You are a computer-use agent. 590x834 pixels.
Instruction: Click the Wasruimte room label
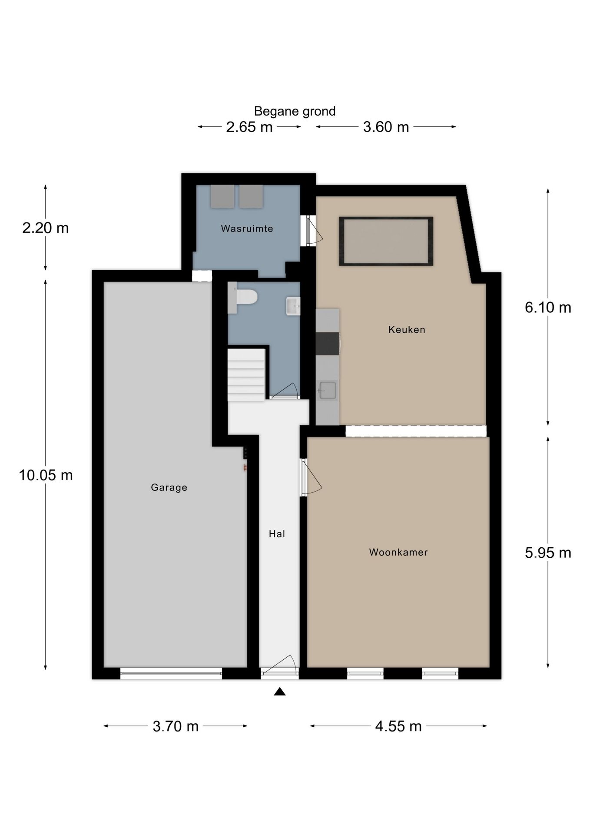[247, 228]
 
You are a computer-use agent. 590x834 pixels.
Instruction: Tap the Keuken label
[407, 330]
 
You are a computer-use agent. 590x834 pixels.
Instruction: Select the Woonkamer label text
[398, 552]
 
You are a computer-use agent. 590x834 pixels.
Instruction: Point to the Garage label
[169, 487]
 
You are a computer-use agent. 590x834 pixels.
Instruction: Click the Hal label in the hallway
[277, 534]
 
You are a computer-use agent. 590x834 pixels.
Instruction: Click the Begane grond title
[295, 111]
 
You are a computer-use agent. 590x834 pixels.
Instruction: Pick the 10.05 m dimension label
[46, 475]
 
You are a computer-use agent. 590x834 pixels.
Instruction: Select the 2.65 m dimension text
[249, 127]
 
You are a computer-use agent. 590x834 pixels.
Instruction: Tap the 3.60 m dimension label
[386, 127]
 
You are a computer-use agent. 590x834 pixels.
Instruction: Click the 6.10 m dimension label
[548, 308]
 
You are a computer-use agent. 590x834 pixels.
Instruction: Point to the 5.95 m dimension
[548, 553]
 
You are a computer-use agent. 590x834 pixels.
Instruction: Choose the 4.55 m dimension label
[398, 726]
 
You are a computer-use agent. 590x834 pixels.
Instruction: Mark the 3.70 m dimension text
[176, 726]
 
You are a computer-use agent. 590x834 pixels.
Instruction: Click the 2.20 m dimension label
[46, 228]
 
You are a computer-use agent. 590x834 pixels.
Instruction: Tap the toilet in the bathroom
[243, 298]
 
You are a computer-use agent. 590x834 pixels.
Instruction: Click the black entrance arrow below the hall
[280, 692]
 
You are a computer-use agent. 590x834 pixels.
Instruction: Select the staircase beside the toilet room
[246, 374]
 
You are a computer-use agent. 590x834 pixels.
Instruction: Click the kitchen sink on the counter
[327, 390]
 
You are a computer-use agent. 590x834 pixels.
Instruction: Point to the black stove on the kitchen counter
[327, 344]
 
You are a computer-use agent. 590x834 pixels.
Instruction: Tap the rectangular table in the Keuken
[386, 241]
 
